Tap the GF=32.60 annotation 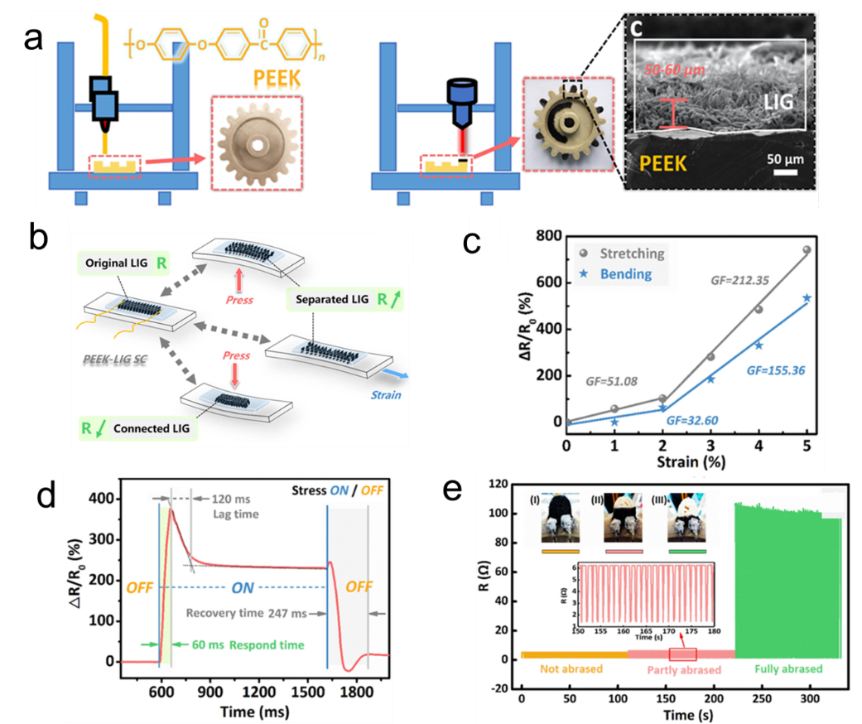(x=689, y=421)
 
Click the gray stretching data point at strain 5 (x=807, y=249)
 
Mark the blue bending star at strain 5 (x=807, y=297)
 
